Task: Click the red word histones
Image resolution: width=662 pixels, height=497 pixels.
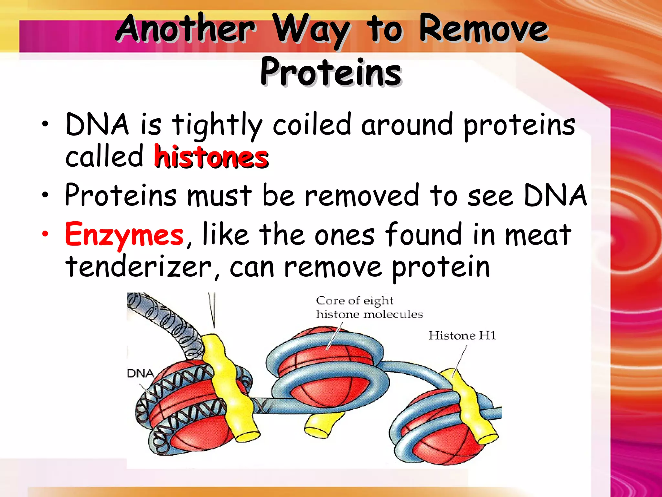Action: [x=211, y=157]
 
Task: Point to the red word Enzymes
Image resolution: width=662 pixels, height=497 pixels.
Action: [x=124, y=235]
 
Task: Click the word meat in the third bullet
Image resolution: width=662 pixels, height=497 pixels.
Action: [x=538, y=235]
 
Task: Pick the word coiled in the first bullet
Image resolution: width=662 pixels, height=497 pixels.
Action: [x=312, y=125]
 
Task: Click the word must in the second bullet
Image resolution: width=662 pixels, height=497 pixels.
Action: [x=219, y=195]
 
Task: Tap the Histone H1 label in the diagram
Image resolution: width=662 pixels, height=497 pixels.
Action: [x=462, y=336]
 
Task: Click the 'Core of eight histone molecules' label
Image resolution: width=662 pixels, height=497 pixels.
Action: [x=368, y=307]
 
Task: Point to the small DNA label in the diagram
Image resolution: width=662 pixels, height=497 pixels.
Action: [x=140, y=373]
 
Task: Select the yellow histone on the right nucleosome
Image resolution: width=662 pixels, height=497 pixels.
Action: [x=470, y=408]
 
